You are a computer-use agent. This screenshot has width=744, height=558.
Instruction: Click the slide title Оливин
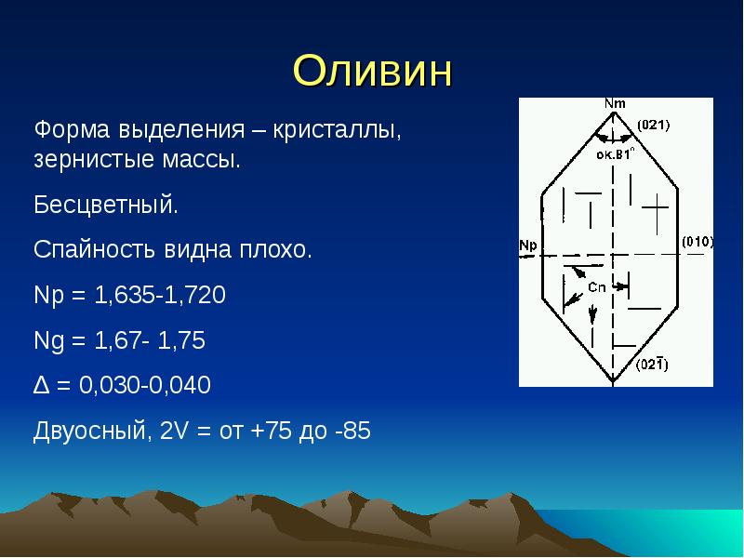(373, 71)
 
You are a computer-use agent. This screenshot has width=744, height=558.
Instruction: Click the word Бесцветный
(106, 205)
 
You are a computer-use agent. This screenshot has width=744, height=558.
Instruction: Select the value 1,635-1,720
(160, 295)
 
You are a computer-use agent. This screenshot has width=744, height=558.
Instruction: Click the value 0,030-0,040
(145, 384)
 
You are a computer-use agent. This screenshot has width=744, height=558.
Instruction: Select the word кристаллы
(337, 129)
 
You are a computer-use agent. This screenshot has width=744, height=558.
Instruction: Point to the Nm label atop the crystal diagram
(615, 103)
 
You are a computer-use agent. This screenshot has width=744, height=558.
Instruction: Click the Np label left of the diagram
(528, 246)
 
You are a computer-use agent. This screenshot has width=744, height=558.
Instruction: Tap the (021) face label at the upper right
(654, 126)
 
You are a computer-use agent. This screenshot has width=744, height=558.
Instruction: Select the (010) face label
(697, 242)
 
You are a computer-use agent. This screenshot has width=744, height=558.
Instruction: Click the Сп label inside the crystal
(597, 287)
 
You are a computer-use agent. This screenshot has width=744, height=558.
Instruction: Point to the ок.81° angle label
(615, 153)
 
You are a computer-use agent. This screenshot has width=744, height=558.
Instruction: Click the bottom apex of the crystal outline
(613, 381)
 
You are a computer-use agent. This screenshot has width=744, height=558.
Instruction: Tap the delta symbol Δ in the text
(41, 385)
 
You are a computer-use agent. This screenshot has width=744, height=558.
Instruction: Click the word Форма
(72, 129)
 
